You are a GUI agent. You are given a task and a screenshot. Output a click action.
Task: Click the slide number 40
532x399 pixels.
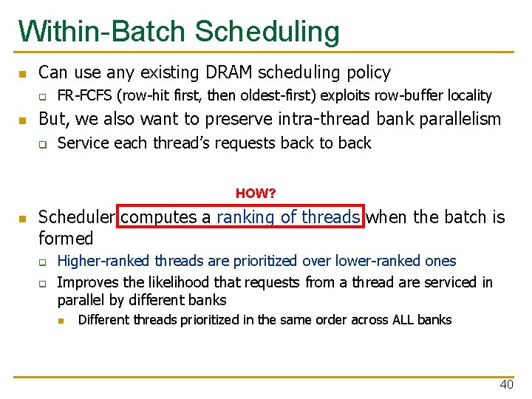[506, 384]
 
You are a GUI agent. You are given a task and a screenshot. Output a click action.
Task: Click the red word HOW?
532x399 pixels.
[256, 194]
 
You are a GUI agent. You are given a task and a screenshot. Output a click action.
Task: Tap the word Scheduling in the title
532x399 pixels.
[267, 33]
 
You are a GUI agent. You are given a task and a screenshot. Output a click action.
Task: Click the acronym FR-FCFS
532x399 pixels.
[86, 95]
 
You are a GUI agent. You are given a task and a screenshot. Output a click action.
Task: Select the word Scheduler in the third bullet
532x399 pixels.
[76, 217]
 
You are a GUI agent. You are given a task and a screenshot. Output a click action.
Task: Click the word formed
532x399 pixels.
[66, 239]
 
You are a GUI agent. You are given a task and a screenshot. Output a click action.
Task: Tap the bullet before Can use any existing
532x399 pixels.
[23, 74]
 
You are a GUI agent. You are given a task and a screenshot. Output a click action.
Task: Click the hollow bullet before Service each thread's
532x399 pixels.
[43, 144]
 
